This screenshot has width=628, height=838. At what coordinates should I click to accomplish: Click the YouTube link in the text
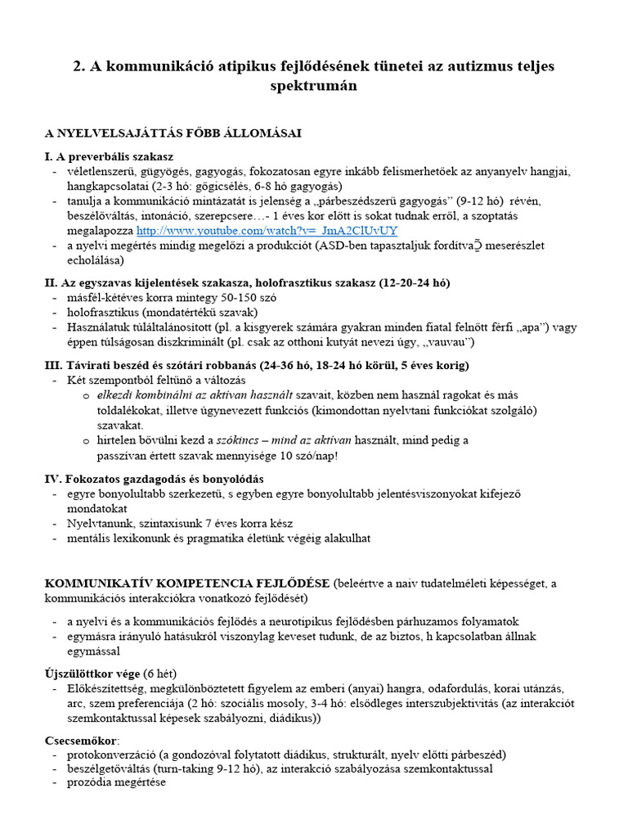267,232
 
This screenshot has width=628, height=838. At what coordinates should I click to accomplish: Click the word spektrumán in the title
314,84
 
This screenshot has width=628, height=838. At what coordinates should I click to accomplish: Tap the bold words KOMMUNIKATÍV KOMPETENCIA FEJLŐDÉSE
187,583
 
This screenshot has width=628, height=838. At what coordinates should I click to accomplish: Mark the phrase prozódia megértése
116,782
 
